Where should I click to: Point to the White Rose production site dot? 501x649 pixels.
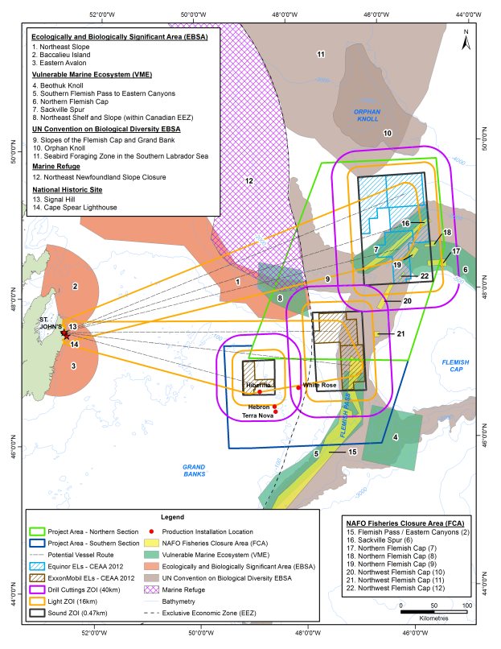[x=298, y=387]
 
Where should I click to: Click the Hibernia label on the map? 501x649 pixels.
[x=259, y=386]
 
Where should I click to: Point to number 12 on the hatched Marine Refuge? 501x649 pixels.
[x=249, y=181]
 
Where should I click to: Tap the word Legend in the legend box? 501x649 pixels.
[x=172, y=516]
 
